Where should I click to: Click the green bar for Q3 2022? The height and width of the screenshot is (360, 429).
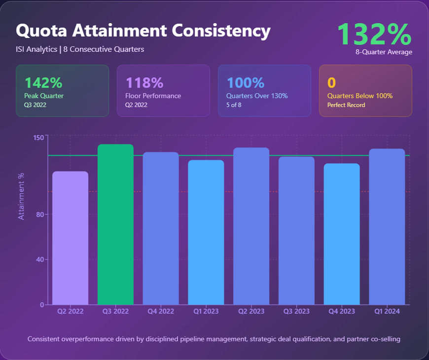coord(115,224)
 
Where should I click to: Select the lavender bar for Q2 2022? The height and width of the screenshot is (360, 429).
coord(70,238)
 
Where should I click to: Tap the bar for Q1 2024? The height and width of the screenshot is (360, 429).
coord(387,226)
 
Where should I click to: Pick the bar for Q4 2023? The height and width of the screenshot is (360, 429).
coord(342,234)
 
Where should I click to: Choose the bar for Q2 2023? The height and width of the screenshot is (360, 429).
coord(251,226)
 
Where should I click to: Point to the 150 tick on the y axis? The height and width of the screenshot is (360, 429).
coord(38,137)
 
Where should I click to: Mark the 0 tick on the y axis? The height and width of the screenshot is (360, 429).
coord(42,305)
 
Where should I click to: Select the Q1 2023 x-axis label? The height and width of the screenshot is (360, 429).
coord(206,311)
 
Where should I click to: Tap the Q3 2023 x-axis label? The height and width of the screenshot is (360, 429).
coord(296,311)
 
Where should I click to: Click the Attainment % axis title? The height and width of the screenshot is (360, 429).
coord(21,196)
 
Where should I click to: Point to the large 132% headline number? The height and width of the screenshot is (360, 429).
coord(374,34)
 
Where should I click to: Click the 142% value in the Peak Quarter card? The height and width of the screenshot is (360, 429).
coord(43,83)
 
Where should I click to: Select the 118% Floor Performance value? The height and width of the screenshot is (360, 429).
coord(144,83)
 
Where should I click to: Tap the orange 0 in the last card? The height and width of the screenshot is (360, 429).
coord(331,83)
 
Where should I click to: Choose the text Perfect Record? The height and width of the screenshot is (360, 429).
coord(346,105)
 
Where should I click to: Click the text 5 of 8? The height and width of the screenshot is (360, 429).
coord(234,105)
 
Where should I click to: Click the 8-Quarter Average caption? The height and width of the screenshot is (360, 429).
coord(384,52)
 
